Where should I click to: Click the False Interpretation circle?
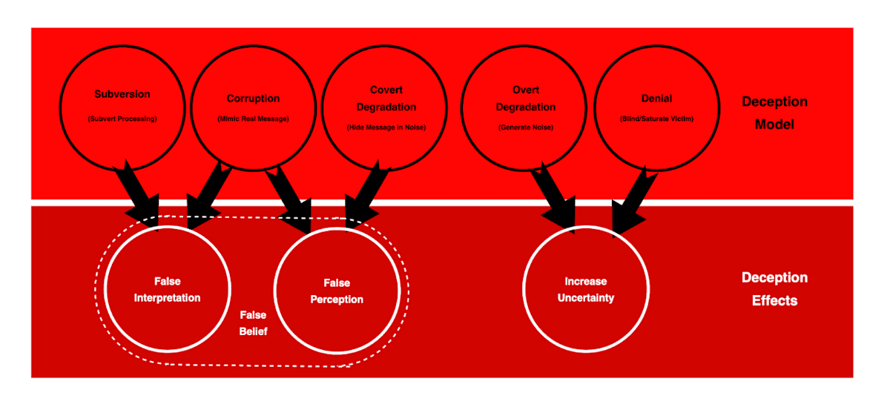[167, 289]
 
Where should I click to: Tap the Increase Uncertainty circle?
[585, 289]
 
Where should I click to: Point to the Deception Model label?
[774, 113]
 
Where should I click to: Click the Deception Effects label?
[774, 289]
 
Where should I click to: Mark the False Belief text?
[253, 323]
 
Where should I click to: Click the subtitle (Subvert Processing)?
[122, 119]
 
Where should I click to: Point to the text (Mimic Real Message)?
[253, 119]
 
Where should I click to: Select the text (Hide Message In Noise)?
[385, 128]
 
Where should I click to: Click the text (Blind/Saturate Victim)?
[656, 119]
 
